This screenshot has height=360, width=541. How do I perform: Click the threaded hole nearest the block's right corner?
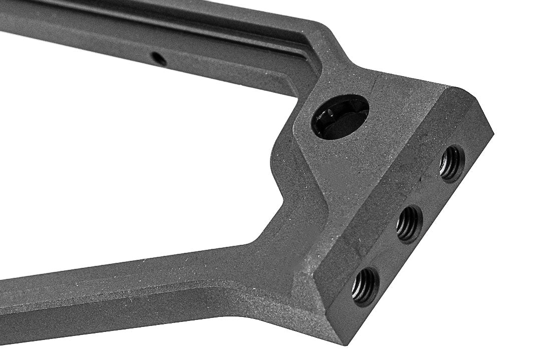tap(451, 163)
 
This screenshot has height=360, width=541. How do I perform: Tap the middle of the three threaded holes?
tap(409, 224)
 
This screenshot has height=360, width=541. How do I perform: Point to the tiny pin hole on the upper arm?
tap(159, 59)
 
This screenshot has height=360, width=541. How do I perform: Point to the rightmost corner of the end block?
tap(493, 133)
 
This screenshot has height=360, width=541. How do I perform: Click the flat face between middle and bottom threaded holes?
tap(388, 255)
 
